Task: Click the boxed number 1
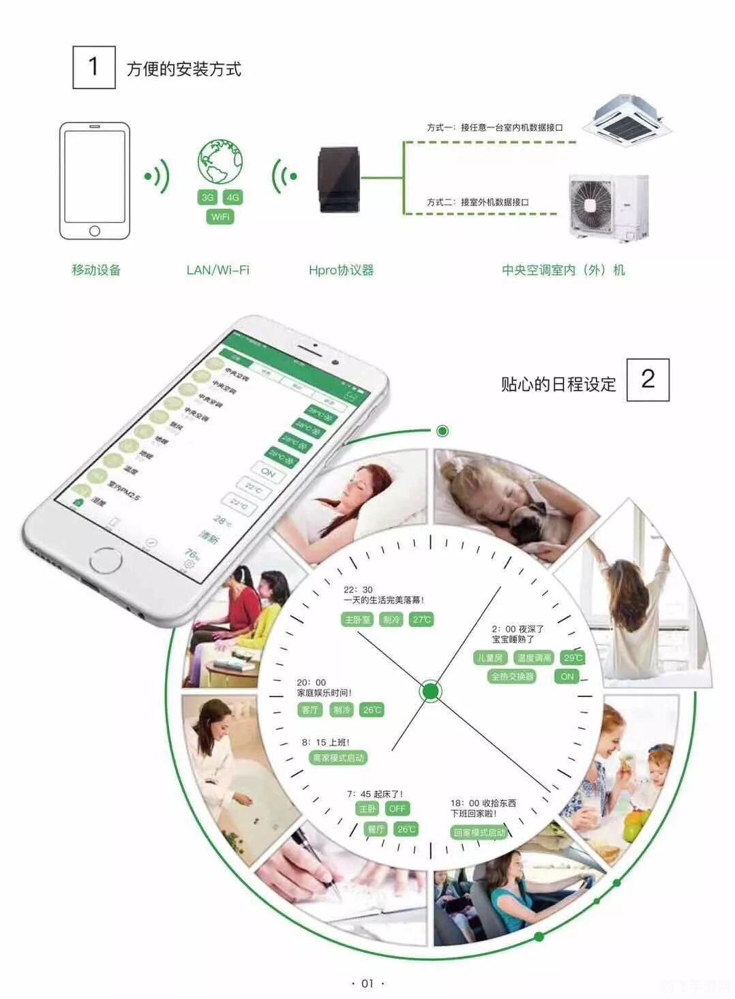(94, 67)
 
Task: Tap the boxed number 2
(648, 379)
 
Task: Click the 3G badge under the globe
(207, 198)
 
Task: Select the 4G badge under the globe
(233, 198)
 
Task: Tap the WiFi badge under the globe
(220, 217)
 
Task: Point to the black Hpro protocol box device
(339, 179)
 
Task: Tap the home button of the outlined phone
(95, 231)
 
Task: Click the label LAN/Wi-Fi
(218, 270)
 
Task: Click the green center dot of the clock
(430, 691)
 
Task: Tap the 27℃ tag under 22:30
(421, 619)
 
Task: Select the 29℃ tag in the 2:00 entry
(573, 658)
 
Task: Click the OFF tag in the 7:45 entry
(397, 808)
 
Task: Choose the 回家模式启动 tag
(479, 833)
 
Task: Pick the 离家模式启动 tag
(338, 758)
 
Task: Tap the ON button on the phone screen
(268, 472)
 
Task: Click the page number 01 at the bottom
(367, 983)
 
